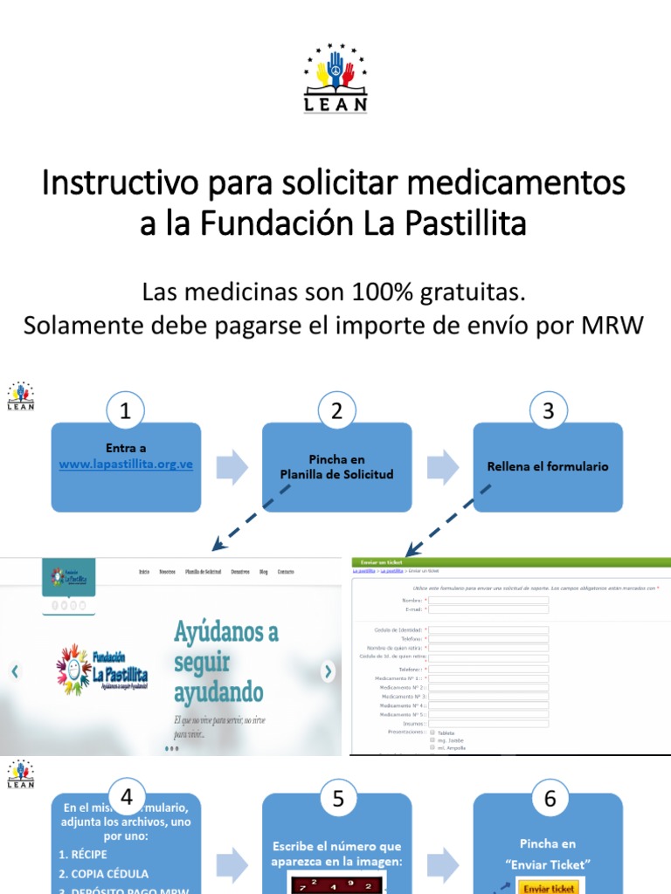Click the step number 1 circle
(x=125, y=411)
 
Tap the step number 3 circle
(x=548, y=411)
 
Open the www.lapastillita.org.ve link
(x=126, y=464)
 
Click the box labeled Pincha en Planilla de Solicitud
(x=336, y=467)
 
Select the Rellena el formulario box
(x=548, y=467)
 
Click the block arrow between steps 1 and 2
(x=232, y=467)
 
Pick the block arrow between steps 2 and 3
(x=442, y=467)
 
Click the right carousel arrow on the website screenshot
(x=328, y=671)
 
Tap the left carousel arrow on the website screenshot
(x=14, y=671)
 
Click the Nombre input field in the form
(x=489, y=601)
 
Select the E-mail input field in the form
(x=489, y=609)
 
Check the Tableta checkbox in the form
(x=432, y=732)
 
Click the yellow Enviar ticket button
(x=549, y=888)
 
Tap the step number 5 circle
(x=336, y=797)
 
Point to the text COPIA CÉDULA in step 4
(x=103, y=873)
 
